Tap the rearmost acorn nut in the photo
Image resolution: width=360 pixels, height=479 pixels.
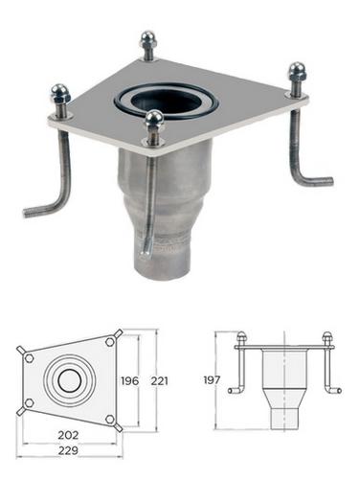point(147,43)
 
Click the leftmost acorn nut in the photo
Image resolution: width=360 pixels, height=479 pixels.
point(59,94)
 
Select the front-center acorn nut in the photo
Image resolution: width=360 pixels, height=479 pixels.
point(154,122)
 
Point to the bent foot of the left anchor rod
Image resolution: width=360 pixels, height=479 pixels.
point(40,208)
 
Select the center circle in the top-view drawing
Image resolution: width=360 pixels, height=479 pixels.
point(69,379)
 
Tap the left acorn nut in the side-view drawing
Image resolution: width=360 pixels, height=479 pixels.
point(241,338)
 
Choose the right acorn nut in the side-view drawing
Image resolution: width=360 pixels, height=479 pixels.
point(327,338)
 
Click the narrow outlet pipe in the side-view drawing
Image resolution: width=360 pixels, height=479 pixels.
point(284,418)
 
